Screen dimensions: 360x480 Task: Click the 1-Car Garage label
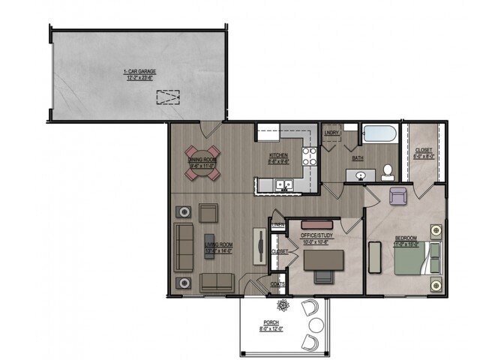(x=139, y=73)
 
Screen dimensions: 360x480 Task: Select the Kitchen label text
(x=278, y=158)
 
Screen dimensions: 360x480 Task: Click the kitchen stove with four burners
(x=309, y=156)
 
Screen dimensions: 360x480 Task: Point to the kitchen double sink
(x=283, y=184)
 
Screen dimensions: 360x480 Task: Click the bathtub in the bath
(x=379, y=135)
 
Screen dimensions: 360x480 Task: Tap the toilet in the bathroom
(x=387, y=172)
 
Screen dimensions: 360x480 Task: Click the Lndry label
(x=331, y=133)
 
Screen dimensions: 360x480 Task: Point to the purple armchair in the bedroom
(x=398, y=196)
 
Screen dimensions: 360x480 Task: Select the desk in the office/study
(x=323, y=259)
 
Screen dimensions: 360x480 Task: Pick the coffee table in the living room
(x=209, y=246)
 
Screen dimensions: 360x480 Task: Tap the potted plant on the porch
(x=283, y=305)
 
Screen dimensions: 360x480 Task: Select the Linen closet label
(x=277, y=225)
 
